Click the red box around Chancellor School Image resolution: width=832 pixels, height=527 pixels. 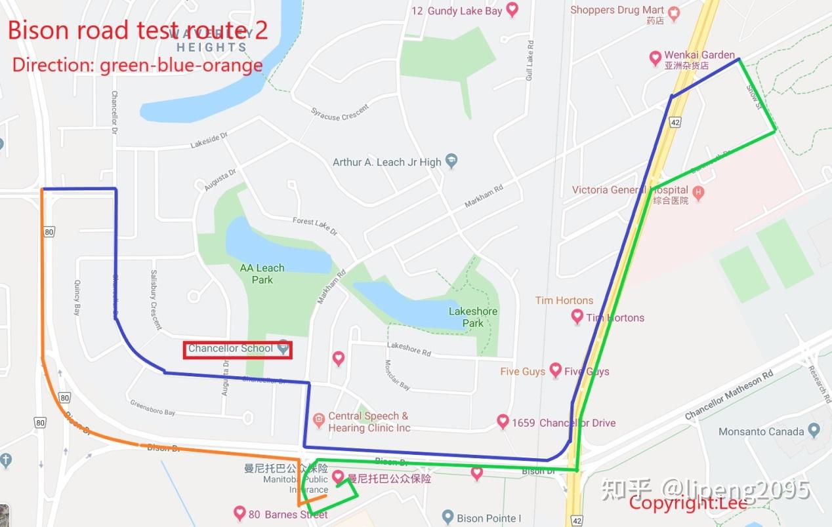click(x=237, y=349)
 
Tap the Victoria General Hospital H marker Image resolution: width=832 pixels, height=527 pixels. click(x=698, y=193)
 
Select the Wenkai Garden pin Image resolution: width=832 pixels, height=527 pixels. click(x=655, y=59)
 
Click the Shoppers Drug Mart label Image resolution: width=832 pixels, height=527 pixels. click(x=616, y=10)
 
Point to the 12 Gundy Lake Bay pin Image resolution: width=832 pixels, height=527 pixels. click(x=512, y=10)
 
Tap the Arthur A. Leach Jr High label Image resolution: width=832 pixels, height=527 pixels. click(x=386, y=162)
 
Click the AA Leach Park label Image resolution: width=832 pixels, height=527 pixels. click(x=262, y=274)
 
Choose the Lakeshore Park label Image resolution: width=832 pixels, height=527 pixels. click(x=472, y=317)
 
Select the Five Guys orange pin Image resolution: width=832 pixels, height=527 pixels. click(x=555, y=370)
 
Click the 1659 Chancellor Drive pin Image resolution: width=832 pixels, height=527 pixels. click(x=503, y=421)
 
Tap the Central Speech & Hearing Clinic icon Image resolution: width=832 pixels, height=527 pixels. click(x=318, y=418)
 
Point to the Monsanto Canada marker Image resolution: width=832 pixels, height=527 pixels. click(x=814, y=431)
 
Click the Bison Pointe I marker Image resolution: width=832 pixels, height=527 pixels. click(x=448, y=517)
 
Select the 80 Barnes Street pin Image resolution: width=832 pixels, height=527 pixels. click(x=239, y=513)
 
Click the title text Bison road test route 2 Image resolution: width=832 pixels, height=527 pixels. click(x=138, y=30)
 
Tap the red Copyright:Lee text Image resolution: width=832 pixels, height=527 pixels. click(x=688, y=503)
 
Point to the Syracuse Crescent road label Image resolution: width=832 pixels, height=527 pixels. click(x=340, y=112)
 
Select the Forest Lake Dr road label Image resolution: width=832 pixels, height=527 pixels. click(x=315, y=227)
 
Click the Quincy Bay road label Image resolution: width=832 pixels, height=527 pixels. click(x=77, y=298)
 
